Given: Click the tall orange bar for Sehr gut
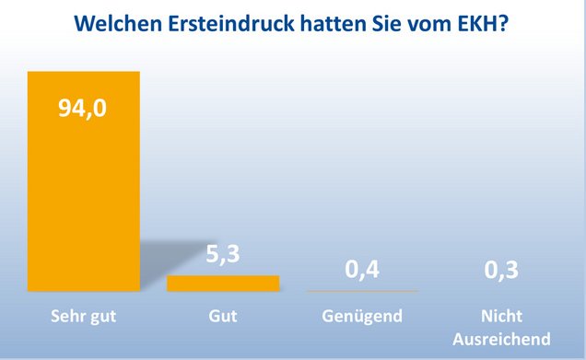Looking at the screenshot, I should click(x=83, y=184).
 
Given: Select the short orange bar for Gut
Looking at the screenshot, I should click(x=222, y=283).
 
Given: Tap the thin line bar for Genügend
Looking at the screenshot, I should click(x=361, y=290).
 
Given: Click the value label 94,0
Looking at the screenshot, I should click(x=84, y=110).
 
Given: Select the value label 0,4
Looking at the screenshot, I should click(x=362, y=270).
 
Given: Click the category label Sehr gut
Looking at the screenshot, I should click(x=84, y=318).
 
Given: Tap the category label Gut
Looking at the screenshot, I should click(x=223, y=318).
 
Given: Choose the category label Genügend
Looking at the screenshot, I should click(x=362, y=318).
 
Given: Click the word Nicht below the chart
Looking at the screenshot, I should click(x=501, y=318).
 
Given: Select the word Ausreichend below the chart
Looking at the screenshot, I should click(x=501, y=338).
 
